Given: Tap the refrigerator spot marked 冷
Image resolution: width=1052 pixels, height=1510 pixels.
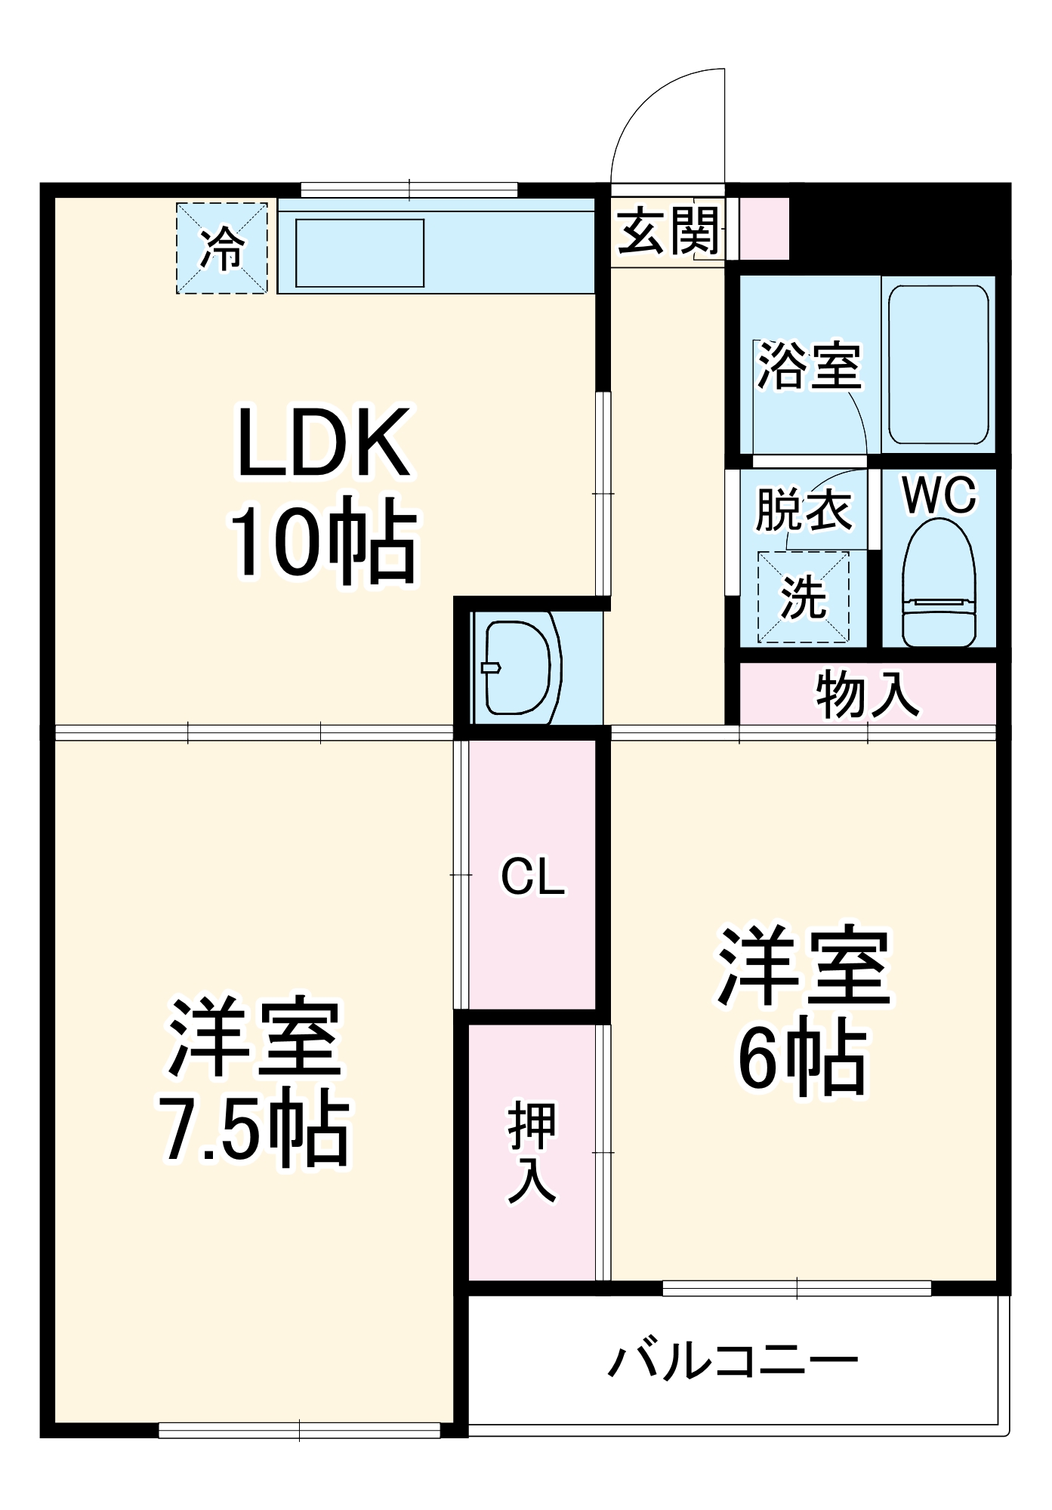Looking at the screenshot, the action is coord(222,248).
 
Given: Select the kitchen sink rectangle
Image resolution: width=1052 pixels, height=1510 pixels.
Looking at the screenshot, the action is coord(359,253).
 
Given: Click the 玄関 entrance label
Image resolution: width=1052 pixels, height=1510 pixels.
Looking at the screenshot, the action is coord(668,230).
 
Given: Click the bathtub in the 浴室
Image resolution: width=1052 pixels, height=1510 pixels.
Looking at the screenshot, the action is coord(939,365).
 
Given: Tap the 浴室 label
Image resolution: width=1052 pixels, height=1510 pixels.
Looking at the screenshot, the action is coord(810,365).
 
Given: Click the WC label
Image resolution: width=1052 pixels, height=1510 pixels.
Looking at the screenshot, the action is coord(939,495).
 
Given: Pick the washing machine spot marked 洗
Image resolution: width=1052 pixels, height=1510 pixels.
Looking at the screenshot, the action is coord(804,597).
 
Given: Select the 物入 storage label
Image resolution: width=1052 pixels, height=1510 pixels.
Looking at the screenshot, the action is coord(868,693).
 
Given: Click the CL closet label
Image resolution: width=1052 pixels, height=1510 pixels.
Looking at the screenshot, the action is coord(533,877).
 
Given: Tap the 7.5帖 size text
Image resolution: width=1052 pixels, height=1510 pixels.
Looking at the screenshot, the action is coord(255,1128).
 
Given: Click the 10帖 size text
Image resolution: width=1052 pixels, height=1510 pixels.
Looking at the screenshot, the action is coord(323,540).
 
